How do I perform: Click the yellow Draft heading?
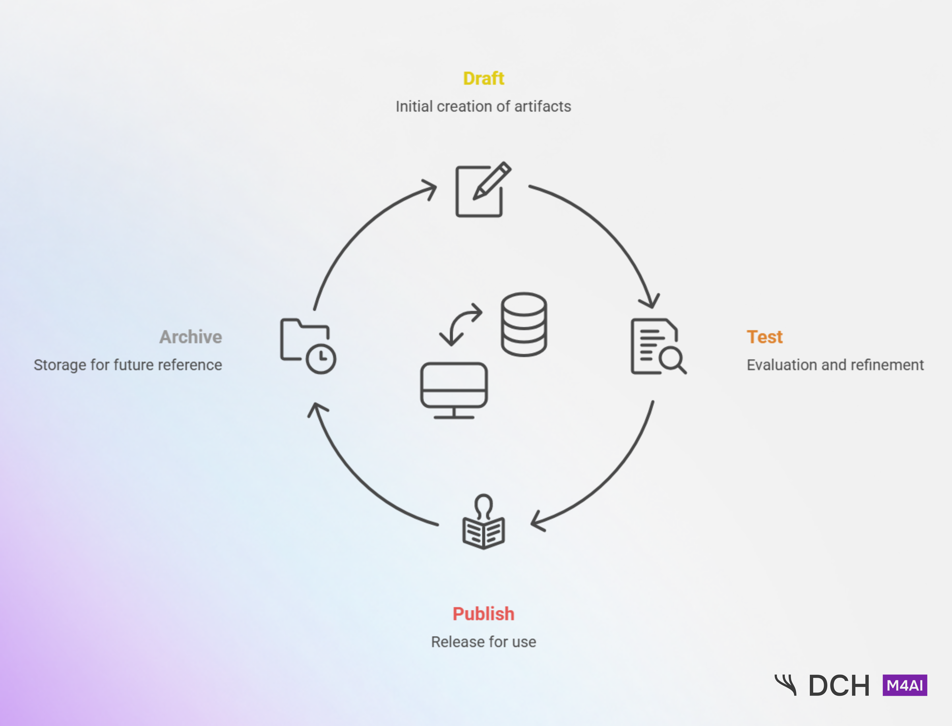pyautogui.click(x=483, y=79)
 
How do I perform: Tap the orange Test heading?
pyautogui.click(x=765, y=337)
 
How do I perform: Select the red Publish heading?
pyautogui.click(x=483, y=614)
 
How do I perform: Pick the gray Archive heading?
pyautogui.click(x=190, y=337)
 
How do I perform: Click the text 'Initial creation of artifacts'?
pyautogui.click(x=483, y=106)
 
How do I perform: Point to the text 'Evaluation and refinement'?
pyautogui.click(x=835, y=365)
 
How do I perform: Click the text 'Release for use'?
pyautogui.click(x=483, y=642)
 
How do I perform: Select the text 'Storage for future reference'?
pyautogui.click(x=128, y=365)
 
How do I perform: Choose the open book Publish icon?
pyautogui.click(x=483, y=531)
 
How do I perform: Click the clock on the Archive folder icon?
pyautogui.click(x=321, y=358)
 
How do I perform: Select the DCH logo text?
pyautogui.click(x=839, y=686)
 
